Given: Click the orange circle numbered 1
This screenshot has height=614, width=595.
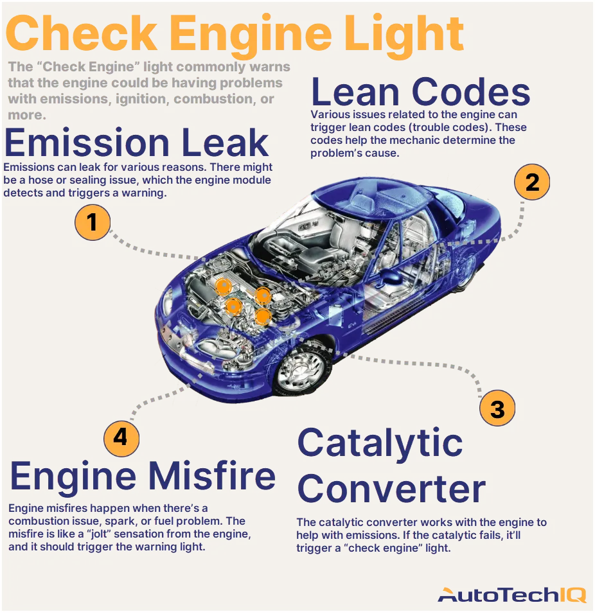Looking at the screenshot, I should coord(93,222).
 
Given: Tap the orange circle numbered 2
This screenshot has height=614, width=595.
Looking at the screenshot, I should coord(531,182).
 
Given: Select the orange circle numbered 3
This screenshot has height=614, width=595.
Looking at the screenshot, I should coord(497,408).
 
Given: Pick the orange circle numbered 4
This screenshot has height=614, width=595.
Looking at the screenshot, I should coord(121,438).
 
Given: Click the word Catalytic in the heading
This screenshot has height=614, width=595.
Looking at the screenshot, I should coord(380,443).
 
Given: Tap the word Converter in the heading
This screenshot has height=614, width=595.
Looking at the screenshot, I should coord(391,489).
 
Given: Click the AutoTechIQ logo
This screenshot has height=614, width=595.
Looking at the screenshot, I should coord(511,595).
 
